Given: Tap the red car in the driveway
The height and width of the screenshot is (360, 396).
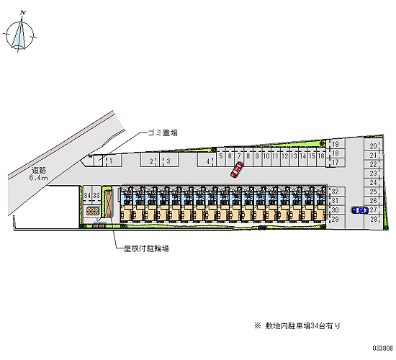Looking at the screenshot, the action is coord(237,170).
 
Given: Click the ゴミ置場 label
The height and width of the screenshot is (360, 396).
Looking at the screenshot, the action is coord(163,132).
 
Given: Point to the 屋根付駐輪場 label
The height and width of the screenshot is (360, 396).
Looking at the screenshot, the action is coord(146,249).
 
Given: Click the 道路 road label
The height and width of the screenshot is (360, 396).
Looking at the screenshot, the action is coord(39,170).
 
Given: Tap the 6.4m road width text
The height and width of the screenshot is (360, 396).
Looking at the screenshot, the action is coord(38,178).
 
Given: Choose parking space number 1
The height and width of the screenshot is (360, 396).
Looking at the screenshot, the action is coord(112,161).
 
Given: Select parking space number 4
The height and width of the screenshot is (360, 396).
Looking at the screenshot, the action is coord(207,161).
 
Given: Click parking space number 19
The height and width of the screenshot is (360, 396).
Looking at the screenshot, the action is coord(336,144).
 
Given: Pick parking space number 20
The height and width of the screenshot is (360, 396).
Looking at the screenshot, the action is coord(373,145).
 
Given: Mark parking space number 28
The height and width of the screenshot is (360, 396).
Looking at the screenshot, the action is coord(374,220).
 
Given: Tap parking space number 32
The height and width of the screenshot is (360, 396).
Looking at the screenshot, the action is coord(336,192).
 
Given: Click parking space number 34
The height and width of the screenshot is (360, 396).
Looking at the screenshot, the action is coord(87,195).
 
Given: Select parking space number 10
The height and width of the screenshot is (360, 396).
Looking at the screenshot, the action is coord(266,156).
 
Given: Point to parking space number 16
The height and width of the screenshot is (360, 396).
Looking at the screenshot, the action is coord(321,156).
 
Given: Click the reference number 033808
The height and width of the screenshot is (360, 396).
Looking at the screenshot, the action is coord(383,348).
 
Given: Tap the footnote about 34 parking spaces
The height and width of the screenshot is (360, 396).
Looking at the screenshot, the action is coord(297,326).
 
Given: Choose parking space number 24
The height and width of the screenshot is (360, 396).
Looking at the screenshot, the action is coord(373,182).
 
